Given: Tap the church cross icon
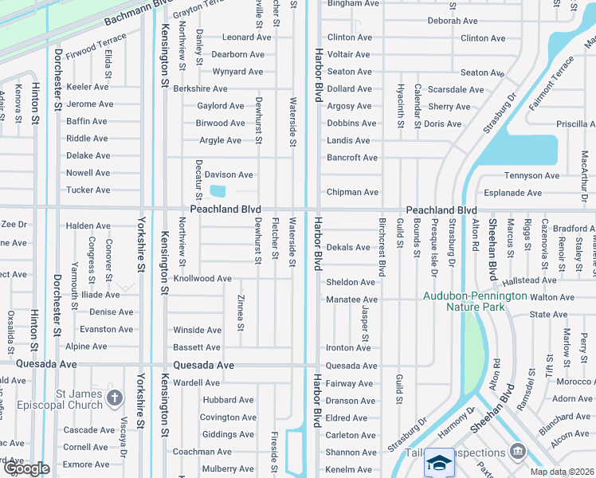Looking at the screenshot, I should pyautogui.click(x=115, y=398).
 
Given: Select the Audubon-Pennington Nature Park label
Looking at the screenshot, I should pyautogui.click(x=475, y=300).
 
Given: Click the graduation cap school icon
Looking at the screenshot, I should pyautogui.click(x=440, y=463).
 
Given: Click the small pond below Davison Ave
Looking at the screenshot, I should pyautogui.click(x=217, y=191).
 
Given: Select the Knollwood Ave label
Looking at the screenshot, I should pyautogui.click(x=202, y=279).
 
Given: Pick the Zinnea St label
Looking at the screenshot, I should pyautogui.click(x=241, y=311).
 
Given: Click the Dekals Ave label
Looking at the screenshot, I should pyautogui.click(x=348, y=248).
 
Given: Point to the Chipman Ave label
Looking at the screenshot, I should pyautogui.click(x=352, y=192).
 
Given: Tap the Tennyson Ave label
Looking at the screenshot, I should pyautogui.click(x=531, y=175).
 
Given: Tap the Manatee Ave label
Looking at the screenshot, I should pyautogui.click(x=351, y=299).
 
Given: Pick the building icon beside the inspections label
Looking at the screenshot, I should pyautogui.click(x=518, y=452).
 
